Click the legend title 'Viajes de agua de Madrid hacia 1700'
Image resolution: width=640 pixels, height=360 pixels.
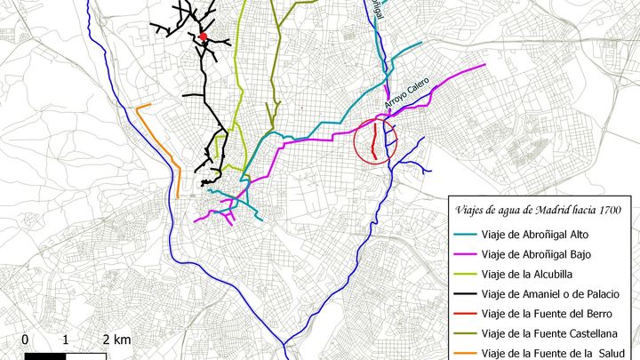pos(538,210)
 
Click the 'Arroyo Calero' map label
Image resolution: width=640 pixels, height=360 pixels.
pos(407,93)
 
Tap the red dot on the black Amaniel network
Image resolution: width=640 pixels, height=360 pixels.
pos(203,36)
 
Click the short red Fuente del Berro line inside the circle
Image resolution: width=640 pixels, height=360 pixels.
pos(372,142)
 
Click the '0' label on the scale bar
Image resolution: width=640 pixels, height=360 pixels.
pos(25,340)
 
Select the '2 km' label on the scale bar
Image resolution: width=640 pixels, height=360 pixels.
pos(116,340)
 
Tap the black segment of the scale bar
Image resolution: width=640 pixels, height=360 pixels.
pos(45,356)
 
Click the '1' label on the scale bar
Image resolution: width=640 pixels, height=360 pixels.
pos(66,340)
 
